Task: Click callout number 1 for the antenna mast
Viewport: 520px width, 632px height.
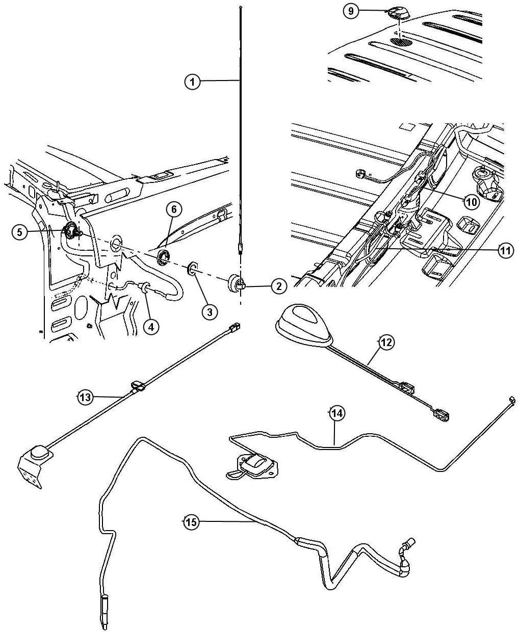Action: [192, 82]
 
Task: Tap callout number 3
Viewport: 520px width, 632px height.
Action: [209, 311]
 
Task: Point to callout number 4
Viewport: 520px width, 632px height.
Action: [150, 326]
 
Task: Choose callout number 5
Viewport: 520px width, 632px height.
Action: [19, 232]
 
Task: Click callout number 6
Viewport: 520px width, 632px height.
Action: [173, 209]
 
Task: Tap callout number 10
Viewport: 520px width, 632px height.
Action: [471, 201]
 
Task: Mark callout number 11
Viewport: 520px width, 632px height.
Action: [505, 250]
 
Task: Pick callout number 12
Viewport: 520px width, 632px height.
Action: [386, 343]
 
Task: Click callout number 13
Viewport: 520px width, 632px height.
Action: [85, 397]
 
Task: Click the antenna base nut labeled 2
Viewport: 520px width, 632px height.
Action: [236, 283]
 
